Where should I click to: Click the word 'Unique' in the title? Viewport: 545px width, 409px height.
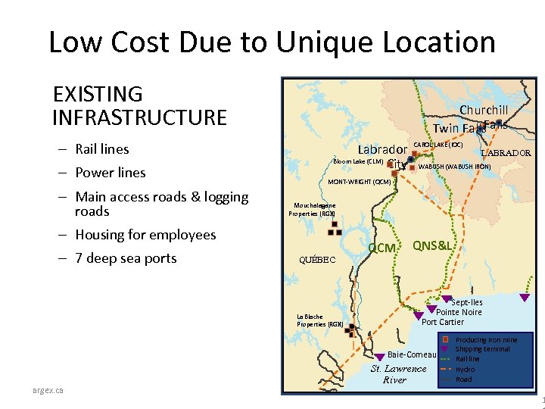(x=322, y=42)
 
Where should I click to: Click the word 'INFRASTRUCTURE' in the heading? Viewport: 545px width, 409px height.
(x=140, y=117)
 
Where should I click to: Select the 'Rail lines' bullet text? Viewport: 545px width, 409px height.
(x=102, y=149)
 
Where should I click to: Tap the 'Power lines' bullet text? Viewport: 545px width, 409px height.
(x=111, y=173)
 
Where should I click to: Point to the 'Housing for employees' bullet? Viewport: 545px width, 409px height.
(x=146, y=235)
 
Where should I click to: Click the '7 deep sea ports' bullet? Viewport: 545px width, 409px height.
(x=126, y=258)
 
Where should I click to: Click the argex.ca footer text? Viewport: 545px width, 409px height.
(x=48, y=390)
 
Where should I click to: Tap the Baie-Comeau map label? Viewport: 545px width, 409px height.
(x=412, y=354)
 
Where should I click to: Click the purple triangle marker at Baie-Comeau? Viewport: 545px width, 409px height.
(x=380, y=355)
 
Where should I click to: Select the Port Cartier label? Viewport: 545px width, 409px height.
(x=443, y=322)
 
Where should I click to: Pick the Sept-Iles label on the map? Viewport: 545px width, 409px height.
(x=467, y=302)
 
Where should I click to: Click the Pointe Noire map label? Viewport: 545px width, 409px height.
(x=459, y=312)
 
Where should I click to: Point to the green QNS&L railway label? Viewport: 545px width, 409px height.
(x=433, y=245)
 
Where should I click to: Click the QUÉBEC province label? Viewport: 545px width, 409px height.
(x=317, y=259)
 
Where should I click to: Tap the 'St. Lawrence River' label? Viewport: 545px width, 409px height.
(x=398, y=374)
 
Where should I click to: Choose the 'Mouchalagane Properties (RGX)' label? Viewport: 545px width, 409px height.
(x=312, y=209)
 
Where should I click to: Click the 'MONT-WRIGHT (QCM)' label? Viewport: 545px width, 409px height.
(x=359, y=182)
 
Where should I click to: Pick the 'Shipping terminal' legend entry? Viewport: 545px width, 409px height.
(x=482, y=349)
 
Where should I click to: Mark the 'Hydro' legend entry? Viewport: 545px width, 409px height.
(x=465, y=370)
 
